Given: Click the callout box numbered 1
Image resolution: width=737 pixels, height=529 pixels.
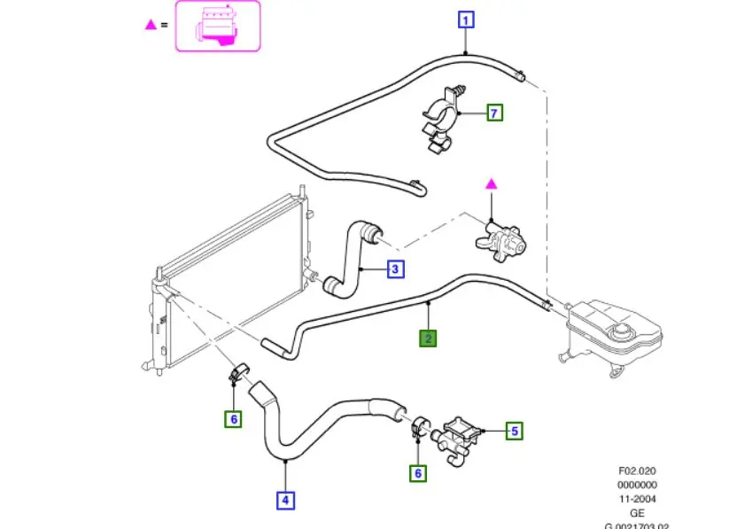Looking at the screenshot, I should [466, 19].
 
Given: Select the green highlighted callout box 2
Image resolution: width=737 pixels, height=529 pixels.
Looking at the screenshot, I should [429, 338].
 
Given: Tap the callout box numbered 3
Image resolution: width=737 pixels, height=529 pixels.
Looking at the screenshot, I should [395, 268].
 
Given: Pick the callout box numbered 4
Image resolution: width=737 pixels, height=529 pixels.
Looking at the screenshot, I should [285, 501].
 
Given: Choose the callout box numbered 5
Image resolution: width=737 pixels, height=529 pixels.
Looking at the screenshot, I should [515, 432].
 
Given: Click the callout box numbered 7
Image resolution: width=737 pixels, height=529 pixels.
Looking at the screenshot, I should [494, 113].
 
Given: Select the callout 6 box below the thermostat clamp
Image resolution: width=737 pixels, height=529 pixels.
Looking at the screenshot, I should [417, 473].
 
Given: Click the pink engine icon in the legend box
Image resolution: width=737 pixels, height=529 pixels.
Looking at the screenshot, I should [217, 26].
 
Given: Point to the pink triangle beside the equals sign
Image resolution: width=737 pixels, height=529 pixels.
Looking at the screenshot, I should [151, 25].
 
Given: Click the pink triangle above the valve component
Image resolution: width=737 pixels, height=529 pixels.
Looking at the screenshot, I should [490, 183].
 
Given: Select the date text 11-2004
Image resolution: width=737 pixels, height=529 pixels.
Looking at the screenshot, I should [636, 499].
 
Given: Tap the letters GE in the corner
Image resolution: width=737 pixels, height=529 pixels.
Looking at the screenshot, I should [636, 512].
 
